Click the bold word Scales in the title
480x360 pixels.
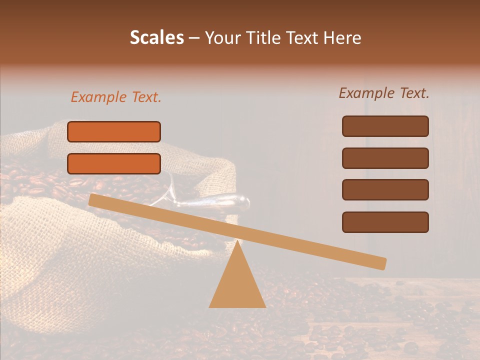point(156,37)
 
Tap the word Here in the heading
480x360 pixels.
point(342,37)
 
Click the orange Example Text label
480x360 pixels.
point(116,97)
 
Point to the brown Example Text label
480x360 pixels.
point(384,93)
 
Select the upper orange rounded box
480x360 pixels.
point(114,131)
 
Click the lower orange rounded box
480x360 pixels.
point(114,163)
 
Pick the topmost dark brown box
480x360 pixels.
point(385,126)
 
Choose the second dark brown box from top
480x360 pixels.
point(385,158)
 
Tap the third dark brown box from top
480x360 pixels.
point(385,189)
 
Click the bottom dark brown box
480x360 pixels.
point(385,222)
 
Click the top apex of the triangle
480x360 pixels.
point(237,242)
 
